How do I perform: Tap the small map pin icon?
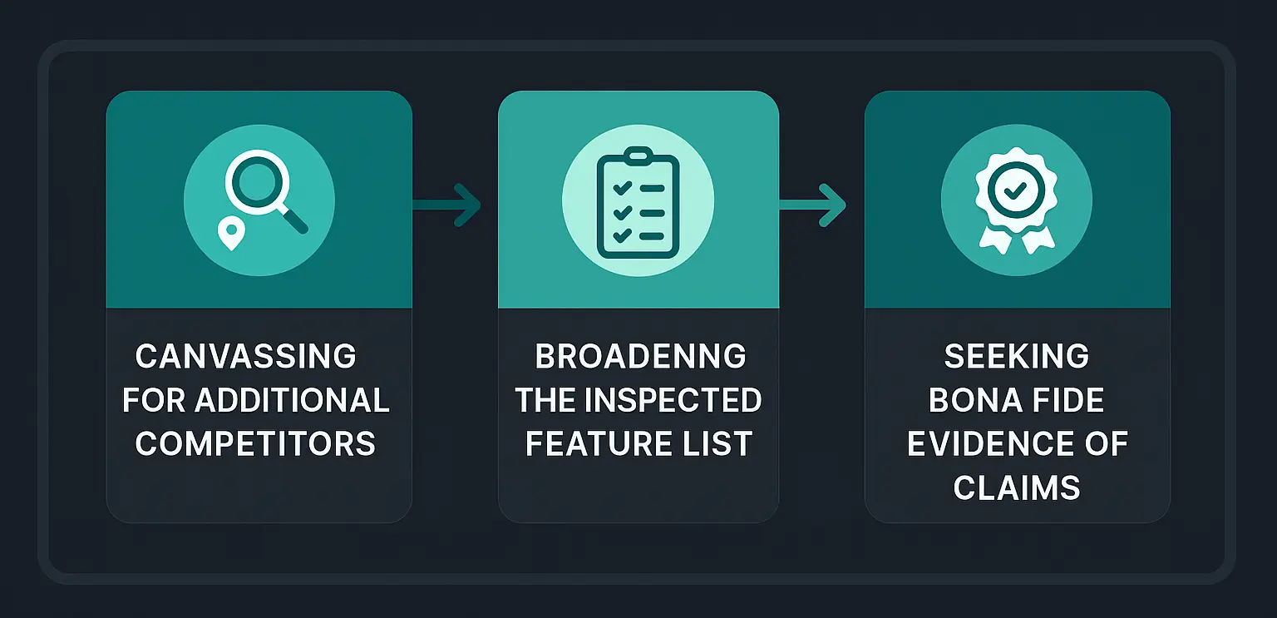click(230, 234)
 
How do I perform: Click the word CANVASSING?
click(246, 357)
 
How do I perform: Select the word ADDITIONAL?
click(292, 401)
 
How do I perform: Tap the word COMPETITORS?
click(256, 444)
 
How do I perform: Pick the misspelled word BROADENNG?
click(640, 357)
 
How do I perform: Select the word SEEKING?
click(1017, 357)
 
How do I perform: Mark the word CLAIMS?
click(1017, 487)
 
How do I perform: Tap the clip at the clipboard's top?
click(638, 155)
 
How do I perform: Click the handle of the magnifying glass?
click(294, 220)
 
